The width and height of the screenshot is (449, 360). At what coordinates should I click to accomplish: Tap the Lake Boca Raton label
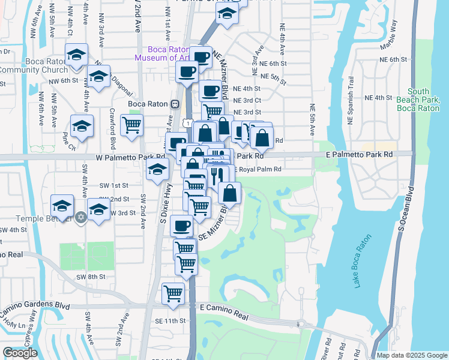(x=363, y=260)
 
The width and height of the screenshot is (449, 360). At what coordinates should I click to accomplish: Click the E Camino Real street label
(x=224, y=307)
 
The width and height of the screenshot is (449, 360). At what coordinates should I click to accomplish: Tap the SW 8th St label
(x=91, y=277)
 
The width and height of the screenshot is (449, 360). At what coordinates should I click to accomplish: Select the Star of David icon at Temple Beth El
(x=82, y=217)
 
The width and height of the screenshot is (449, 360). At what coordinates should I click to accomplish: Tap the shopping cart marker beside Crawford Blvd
(x=131, y=125)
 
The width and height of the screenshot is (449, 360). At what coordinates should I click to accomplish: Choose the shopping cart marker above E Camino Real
(x=173, y=293)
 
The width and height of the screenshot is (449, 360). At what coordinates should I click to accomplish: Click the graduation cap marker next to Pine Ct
(x=82, y=125)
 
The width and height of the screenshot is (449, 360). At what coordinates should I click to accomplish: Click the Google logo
(x=20, y=353)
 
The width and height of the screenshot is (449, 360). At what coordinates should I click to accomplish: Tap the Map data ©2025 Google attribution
(x=411, y=355)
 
